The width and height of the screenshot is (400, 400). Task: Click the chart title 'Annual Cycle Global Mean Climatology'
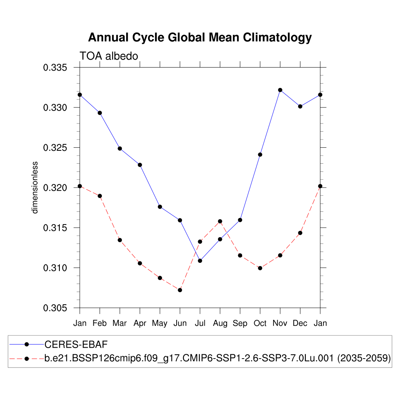point(200,37)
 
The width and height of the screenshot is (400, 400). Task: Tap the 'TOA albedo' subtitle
point(109,56)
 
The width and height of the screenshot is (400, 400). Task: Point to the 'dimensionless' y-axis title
point(35,187)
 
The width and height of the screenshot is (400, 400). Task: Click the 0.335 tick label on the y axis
point(55,68)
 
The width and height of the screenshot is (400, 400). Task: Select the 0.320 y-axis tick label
point(55,188)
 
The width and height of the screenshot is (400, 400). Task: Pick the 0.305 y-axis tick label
point(55,308)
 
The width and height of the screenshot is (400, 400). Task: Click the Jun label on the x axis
point(180,323)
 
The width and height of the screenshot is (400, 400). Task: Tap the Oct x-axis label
point(260,323)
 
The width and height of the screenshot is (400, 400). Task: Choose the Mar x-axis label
point(120,323)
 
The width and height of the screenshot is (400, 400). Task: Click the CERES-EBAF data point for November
point(280,90)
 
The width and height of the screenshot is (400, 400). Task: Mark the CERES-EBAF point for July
point(200,261)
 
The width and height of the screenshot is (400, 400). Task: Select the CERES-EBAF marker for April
point(140,165)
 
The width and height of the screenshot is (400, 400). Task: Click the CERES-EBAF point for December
point(300,106)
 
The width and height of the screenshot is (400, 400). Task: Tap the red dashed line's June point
point(180,290)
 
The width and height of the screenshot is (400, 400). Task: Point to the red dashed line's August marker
point(220,221)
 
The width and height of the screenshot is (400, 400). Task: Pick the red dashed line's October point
point(260,268)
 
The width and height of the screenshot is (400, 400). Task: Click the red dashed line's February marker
point(100,196)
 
